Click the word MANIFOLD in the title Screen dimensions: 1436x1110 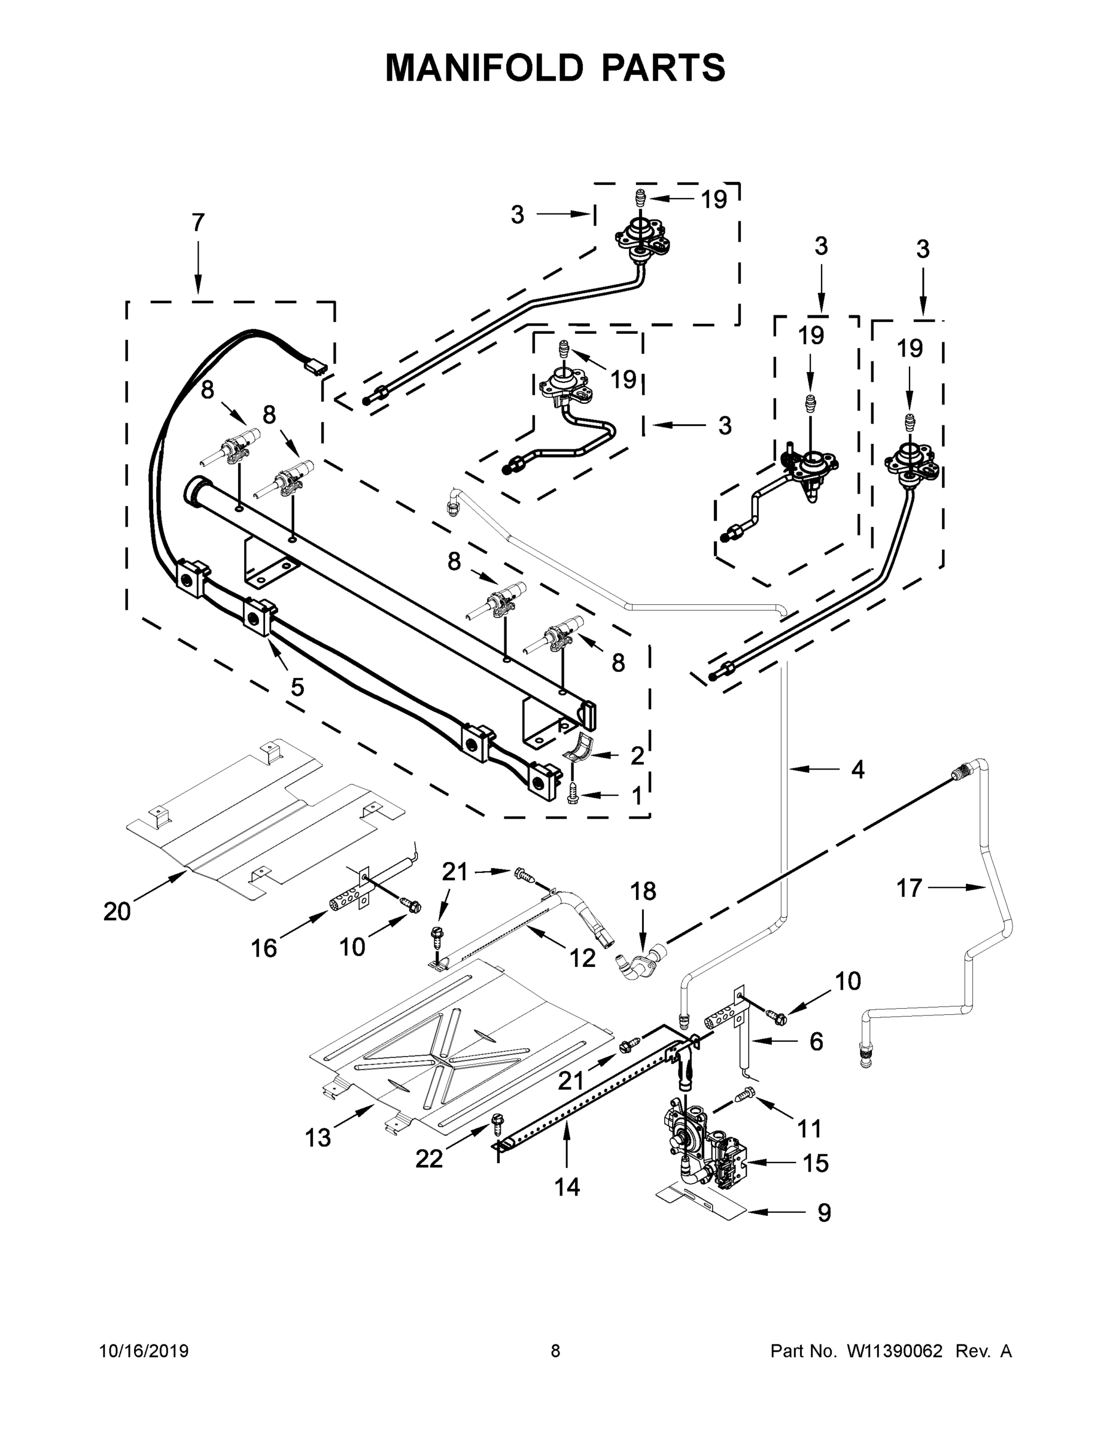point(483,68)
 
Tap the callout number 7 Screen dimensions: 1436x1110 point(198,223)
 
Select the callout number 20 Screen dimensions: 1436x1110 point(117,911)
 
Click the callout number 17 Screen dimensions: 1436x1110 point(910,889)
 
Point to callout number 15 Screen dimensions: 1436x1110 point(816,1163)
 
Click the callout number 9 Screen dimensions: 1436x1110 point(824,1212)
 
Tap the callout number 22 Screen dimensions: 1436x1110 point(429,1159)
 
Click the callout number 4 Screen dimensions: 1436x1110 point(857,769)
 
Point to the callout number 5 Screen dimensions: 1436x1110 point(297,687)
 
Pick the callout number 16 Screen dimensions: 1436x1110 point(264,948)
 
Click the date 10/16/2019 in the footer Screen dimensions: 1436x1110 point(144,1351)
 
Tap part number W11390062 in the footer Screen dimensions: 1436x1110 point(895,1351)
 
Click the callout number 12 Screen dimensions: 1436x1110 point(582,959)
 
